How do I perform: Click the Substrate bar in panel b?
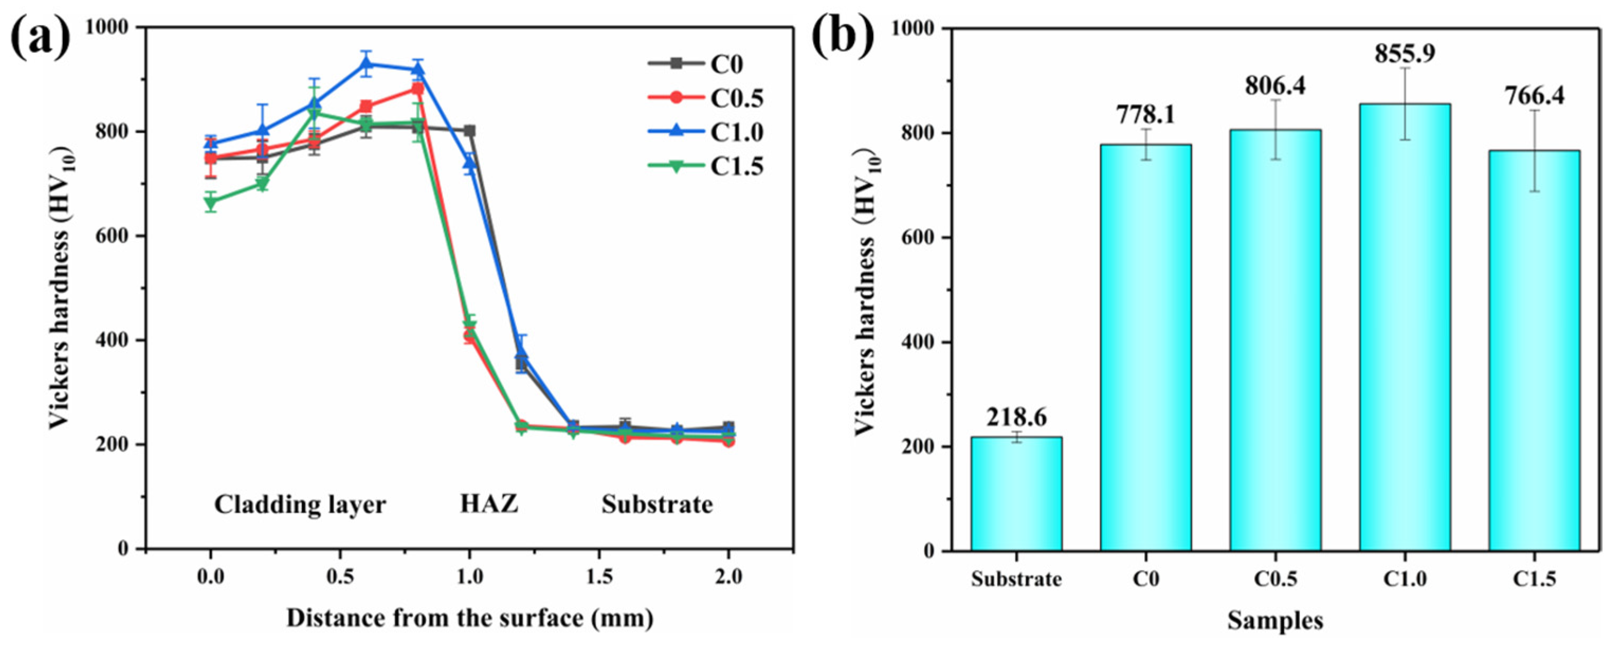click(x=1016, y=494)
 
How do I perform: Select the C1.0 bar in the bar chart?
click(x=1405, y=326)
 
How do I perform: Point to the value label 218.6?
click(x=1016, y=417)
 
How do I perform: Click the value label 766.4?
click(x=1534, y=96)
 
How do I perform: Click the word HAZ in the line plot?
click(x=489, y=504)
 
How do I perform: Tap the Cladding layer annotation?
click(x=300, y=504)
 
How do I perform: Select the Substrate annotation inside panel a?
click(x=657, y=504)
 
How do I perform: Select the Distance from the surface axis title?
click(x=470, y=618)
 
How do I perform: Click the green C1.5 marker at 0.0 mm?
click(x=211, y=202)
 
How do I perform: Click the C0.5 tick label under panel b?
click(x=1275, y=579)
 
